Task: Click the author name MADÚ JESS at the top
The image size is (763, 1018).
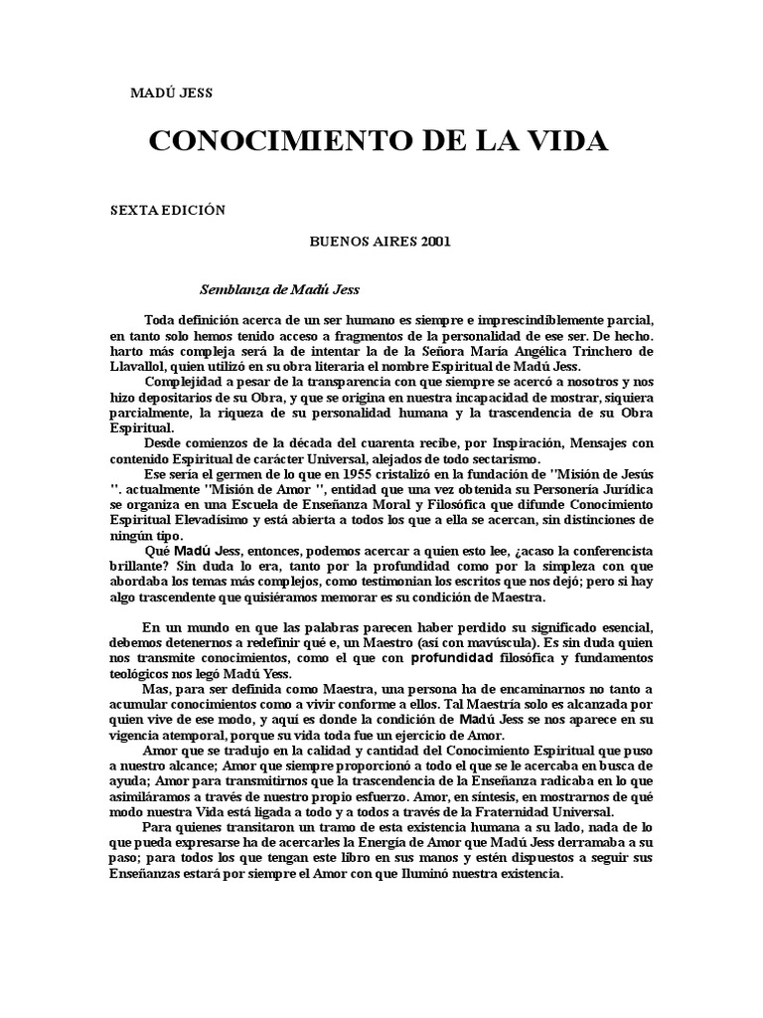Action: point(172,93)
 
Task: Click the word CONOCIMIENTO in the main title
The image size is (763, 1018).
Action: point(261,141)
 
